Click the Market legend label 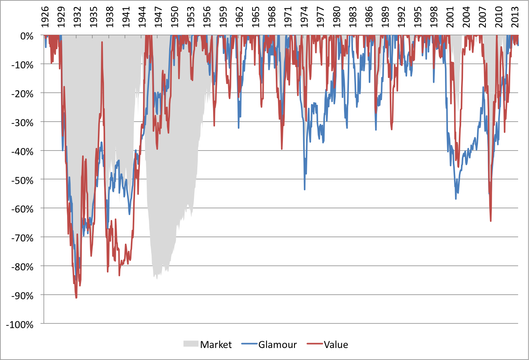(216, 345)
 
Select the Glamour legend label (277, 345)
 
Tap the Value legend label (336, 345)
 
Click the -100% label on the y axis (21, 325)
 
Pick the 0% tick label (27, 36)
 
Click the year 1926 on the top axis (45, 17)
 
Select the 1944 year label (142, 17)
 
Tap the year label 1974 (304, 17)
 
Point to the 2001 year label (450, 17)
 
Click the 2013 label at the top (515, 17)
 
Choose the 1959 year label (223, 17)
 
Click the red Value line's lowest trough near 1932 (76, 298)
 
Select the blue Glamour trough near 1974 (305, 190)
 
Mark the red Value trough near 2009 (491, 221)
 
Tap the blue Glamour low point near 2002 (456, 199)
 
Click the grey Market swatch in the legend (191, 344)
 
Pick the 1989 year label (385, 17)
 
